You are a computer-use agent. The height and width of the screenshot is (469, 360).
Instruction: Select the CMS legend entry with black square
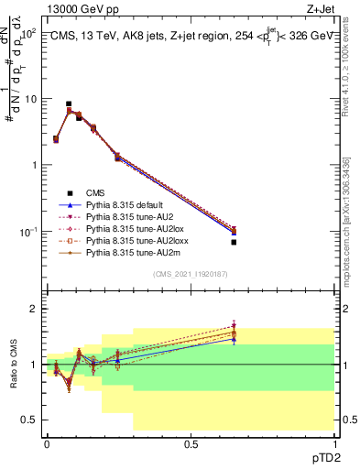(x=97, y=193)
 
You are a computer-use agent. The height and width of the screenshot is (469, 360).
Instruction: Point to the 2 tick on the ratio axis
(x=34, y=310)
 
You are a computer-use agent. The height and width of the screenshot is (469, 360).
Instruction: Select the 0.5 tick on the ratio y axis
(x=30, y=420)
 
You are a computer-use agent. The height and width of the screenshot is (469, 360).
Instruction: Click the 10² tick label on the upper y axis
(x=29, y=33)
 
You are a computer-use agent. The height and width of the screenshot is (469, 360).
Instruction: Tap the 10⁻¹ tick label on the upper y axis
(x=28, y=232)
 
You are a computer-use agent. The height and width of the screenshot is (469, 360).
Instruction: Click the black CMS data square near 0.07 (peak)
(x=69, y=104)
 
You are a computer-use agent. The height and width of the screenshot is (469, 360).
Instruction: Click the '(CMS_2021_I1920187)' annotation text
(x=190, y=274)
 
